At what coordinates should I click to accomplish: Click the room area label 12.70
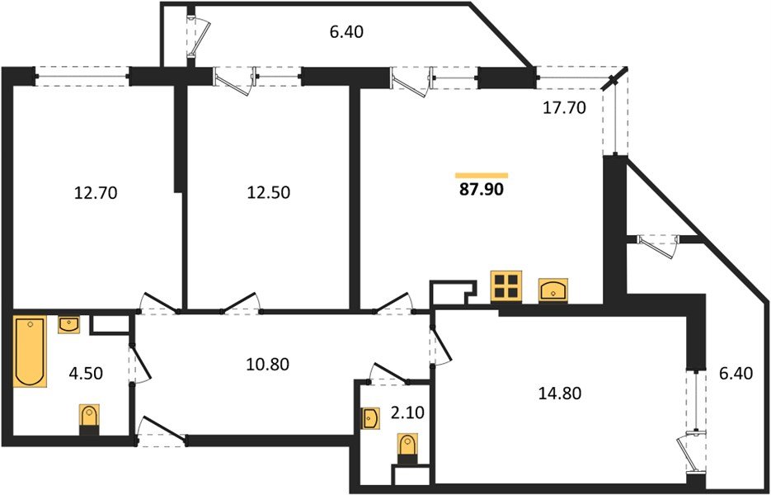(96, 194)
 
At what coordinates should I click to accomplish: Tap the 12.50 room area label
(269, 194)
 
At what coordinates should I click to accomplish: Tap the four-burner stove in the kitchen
(505, 286)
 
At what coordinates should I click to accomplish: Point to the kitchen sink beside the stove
(552, 289)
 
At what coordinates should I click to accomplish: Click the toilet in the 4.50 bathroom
(89, 419)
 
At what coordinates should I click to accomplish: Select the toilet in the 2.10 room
(407, 450)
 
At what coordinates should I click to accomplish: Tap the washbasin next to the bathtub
(69, 325)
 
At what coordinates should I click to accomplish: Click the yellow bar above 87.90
(482, 175)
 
